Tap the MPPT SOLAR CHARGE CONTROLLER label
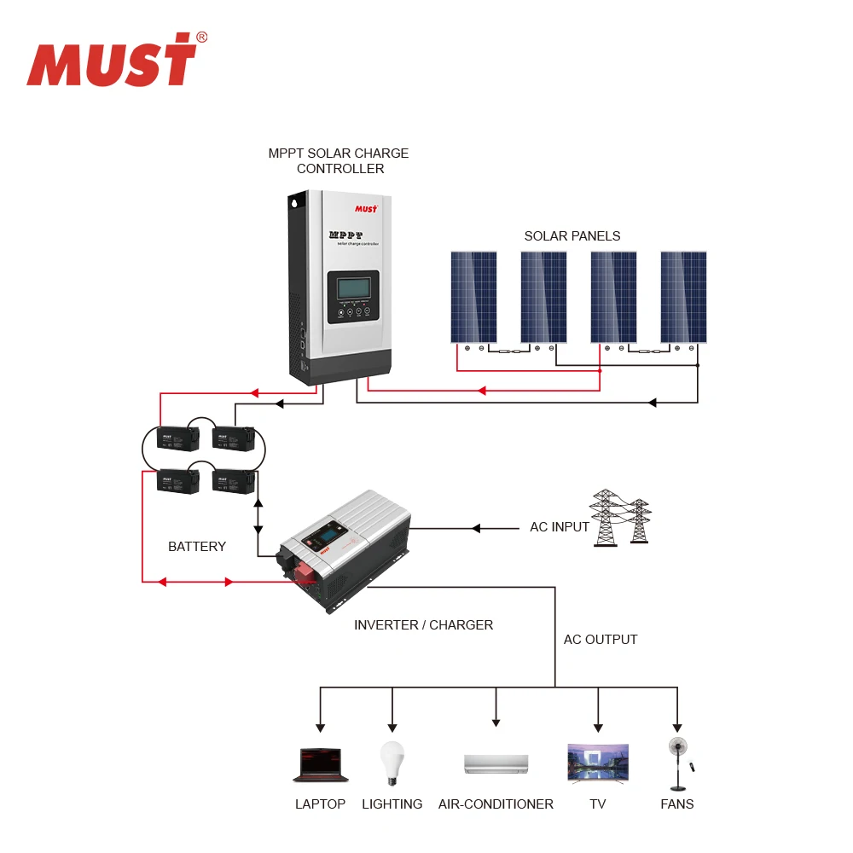pyautogui.click(x=339, y=161)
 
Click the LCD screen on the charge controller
pyautogui.click(x=353, y=288)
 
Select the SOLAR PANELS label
pyautogui.click(x=572, y=235)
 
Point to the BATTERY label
pyautogui.click(x=197, y=546)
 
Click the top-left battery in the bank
pyautogui.click(x=177, y=438)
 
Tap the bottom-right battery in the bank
pyautogui.click(x=233, y=481)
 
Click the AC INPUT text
pyautogui.click(x=560, y=527)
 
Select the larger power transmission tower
pyautogui.click(x=606, y=517)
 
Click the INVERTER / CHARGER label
pyautogui.click(x=423, y=625)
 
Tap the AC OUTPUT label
pyautogui.click(x=601, y=640)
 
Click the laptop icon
pyautogui.click(x=320, y=764)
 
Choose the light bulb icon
pyautogui.click(x=392, y=762)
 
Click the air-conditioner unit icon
pyautogui.click(x=496, y=763)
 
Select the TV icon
pyautogui.click(x=598, y=763)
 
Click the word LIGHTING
pyautogui.click(x=392, y=804)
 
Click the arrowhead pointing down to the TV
pyautogui.click(x=598, y=727)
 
